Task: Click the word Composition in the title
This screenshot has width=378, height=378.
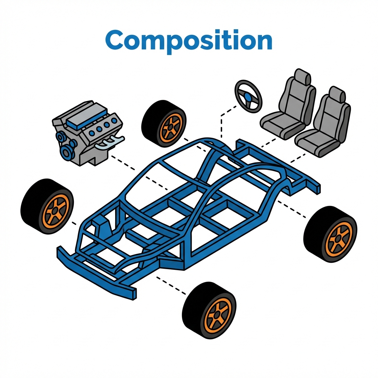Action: (189, 41)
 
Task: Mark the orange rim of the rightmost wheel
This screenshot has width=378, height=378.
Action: (338, 238)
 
